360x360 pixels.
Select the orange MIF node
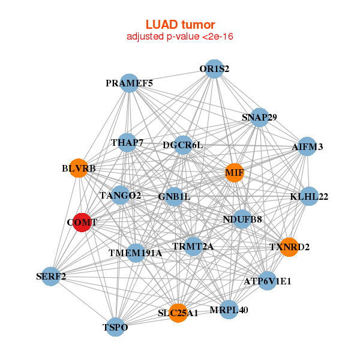pos(235,173)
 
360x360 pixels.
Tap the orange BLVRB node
pos(78,168)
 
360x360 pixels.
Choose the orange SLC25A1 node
pos(178,313)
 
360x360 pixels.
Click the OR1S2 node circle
pos(214,68)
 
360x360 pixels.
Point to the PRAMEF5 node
pos(130,83)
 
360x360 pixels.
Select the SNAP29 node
pos(259,117)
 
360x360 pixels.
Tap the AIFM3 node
pos(307,146)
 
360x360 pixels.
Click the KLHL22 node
pos(308,196)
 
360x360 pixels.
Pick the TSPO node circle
pos(115,328)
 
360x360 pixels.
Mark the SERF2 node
pos(51,277)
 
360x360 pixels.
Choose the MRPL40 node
pos(229,310)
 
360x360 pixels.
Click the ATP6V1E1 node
pos(268,280)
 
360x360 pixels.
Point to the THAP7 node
pos(127,143)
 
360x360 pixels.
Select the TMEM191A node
pos(136,253)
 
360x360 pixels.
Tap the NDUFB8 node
pos(242,219)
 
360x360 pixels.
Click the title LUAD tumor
pos(180,25)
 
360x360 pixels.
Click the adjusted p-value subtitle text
pos(180,37)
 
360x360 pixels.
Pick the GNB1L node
pos(174,196)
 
